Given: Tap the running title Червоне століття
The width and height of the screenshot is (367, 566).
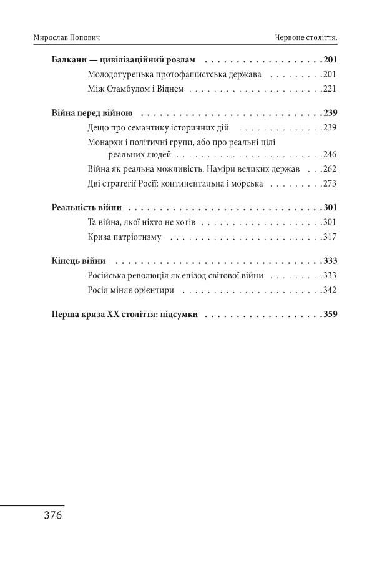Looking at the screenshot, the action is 306,38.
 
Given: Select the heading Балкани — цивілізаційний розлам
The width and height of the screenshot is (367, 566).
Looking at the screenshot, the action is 123,61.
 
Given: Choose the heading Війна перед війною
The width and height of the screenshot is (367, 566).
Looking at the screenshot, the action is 91,114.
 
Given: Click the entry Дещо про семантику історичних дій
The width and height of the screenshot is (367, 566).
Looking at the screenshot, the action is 159,128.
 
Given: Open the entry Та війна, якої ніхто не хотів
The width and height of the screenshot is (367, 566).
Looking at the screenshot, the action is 142,222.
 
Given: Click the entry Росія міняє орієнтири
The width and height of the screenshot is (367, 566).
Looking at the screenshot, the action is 130,290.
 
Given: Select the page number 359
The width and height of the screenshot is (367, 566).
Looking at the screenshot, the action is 330,315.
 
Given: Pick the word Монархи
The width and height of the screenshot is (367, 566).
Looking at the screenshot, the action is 107,142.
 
